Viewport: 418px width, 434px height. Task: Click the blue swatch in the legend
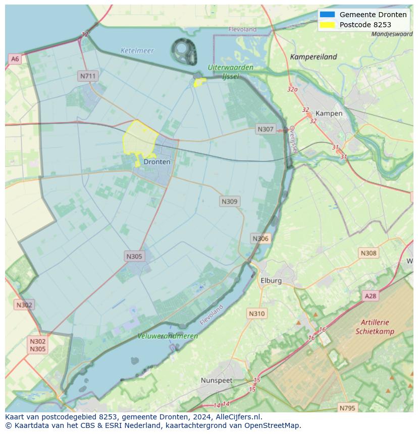327,15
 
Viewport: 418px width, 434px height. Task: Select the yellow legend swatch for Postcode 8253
327,25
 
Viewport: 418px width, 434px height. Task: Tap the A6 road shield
15,59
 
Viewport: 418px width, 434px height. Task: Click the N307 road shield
265,129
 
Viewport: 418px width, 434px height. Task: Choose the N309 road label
230,201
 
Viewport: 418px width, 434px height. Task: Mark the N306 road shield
260,238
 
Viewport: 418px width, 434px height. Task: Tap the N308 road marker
369,253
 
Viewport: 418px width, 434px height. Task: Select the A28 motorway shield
371,296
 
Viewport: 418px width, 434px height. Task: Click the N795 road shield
347,408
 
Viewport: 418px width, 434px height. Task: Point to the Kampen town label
329,113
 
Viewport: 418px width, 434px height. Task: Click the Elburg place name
271,280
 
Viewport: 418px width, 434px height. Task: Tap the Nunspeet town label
217,380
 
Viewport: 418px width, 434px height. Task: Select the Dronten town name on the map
157,162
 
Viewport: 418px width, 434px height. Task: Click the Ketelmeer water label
137,51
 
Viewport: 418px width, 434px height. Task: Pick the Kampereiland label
313,57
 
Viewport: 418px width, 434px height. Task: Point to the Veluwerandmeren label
168,336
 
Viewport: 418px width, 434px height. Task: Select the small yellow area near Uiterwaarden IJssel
200,82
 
